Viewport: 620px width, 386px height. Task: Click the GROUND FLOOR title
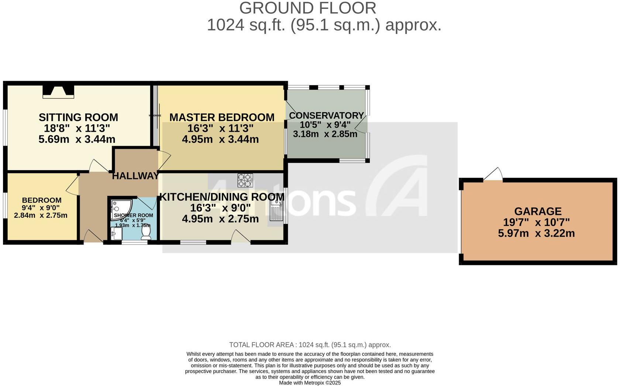tap(307, 8)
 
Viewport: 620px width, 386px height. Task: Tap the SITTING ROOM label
tap(78, 117)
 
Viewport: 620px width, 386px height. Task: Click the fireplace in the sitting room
tap(58, 91)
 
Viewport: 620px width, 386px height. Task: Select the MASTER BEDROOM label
tap(222, 117)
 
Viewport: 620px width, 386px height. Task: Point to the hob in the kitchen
tap(245, 180)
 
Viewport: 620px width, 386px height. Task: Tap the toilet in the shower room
tap(146, 232)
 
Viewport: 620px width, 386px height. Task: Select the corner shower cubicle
tap(118, 208)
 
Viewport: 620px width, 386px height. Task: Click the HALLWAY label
tap(135, 176)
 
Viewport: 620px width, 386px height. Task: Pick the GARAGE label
tap(538, 211)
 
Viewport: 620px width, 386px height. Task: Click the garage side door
tap(493, 175)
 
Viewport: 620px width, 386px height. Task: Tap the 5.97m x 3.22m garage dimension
tap(536, 233)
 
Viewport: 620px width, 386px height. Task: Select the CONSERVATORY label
tap(326, 116)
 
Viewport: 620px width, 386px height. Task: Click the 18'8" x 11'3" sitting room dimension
tap(77, 128)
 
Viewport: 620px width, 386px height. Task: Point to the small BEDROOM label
tap(41, 200)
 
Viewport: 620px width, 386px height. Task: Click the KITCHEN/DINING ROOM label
tap(221, 197)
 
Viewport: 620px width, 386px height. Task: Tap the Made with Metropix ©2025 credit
tap(310, 383)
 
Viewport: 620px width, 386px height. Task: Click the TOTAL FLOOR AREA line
tap(310, 345)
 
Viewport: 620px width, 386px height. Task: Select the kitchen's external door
tap(241, 237)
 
